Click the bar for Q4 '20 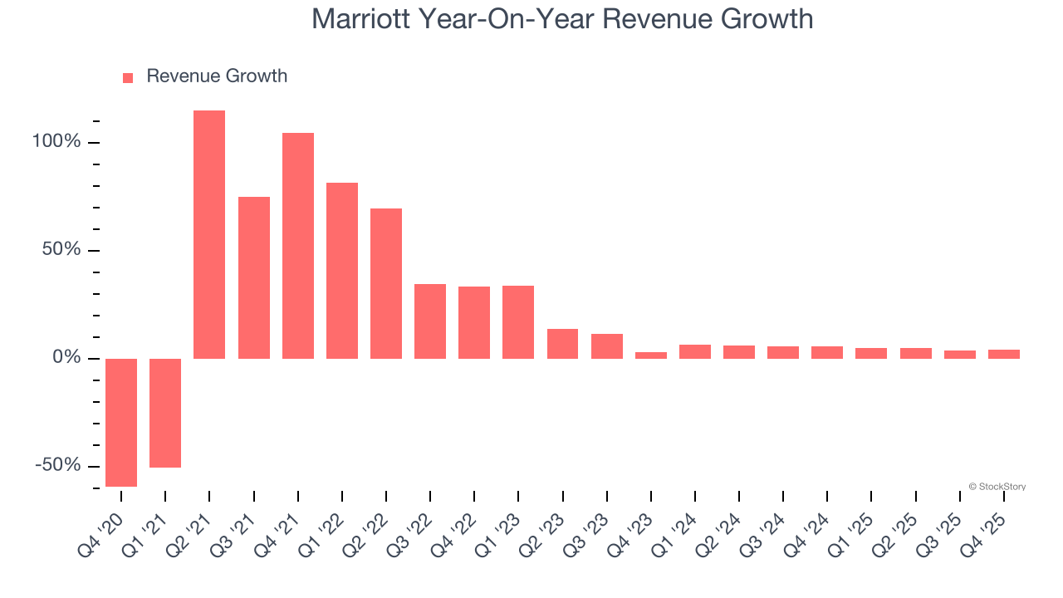(x=121, y=422)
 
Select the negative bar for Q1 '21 (x=165, y=413)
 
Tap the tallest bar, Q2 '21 (x=209, y=234)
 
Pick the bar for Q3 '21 (x=254, y=277)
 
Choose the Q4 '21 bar (x=298, y=246)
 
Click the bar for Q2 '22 (x=386, y=283)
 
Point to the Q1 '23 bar (x=518, y=322)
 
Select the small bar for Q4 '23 (x=651, y=355)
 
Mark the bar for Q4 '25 (x=1004, y=354)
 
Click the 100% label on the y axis (x=56, y=142)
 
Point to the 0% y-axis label (x=66, y=358)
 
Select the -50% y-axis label (x=58, y=465)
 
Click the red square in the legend (x=128, y=78)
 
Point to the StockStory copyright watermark (x=997, y=487)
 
